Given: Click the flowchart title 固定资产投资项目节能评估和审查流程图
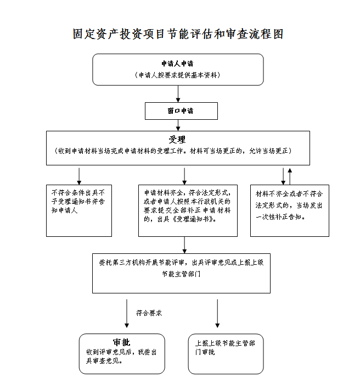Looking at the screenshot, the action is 178,34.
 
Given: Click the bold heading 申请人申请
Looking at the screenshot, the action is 177,64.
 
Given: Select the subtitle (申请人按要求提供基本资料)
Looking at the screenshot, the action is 178,75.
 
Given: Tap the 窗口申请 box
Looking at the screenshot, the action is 181,111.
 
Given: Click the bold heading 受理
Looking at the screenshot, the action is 177,140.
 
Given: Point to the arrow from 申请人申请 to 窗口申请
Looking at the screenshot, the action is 178,94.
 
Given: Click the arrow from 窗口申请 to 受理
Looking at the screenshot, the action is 178,125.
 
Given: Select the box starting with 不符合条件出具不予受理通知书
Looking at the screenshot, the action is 79,210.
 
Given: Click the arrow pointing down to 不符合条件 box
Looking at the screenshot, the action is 79,176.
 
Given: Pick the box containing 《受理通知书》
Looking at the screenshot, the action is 188,210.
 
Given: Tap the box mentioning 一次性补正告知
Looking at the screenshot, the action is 290,210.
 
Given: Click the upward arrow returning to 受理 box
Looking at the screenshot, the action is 290,176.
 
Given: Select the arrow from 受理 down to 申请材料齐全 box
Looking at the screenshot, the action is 184,176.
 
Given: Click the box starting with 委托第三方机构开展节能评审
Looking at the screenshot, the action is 181,273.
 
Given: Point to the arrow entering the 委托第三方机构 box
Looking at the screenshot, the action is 184,245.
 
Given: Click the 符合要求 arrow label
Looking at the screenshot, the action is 149,313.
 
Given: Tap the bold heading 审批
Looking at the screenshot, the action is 122,342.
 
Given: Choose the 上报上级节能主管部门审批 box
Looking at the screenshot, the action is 226,354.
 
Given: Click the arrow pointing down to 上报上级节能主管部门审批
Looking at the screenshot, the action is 217,313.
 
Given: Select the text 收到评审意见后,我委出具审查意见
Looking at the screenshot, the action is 121,357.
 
